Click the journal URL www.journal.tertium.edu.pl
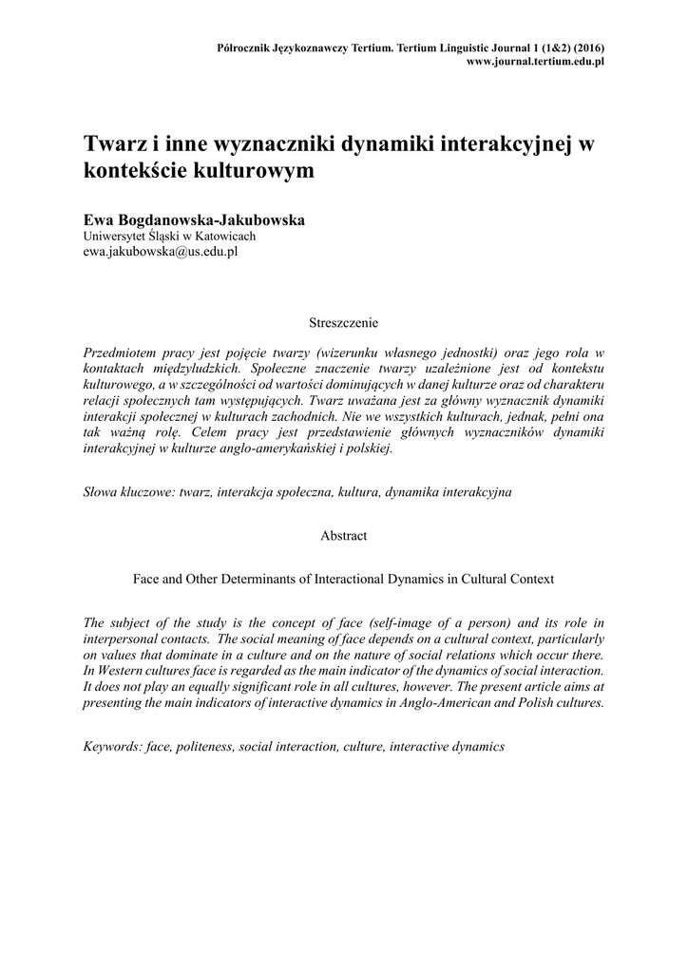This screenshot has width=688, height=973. (x=537, y=61)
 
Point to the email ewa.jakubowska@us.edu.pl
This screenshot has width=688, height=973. (x=161, y=252)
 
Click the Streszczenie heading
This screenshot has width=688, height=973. (x=343, y=323)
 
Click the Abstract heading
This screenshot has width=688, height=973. (x=343, y=536)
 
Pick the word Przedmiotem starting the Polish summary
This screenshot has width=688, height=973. (x=123, y=352)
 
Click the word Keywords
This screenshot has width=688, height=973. (x=113, y=747)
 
